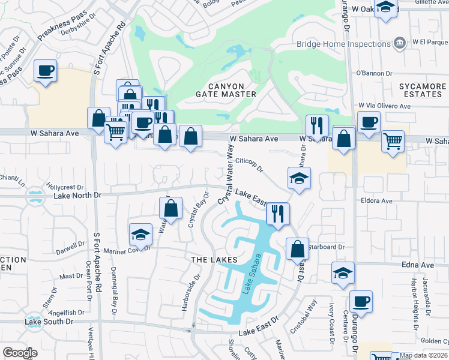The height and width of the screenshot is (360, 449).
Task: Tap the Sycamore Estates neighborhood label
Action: pyautogui.click(x=423, y=90)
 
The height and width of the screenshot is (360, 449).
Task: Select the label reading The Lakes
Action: pyautogui.click(x=211, y=259)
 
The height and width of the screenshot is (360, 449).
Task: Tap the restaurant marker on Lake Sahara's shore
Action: pyautogui.click(x=278, y=212)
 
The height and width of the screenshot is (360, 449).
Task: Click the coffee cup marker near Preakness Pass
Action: pyautogui.click(x=46, y=70)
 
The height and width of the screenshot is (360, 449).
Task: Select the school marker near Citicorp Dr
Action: pyautogui.click(x=299, y=177)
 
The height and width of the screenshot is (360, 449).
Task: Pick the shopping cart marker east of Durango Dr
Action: pyautogui.click(x=393, y=141)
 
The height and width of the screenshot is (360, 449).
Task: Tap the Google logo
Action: pyautogui.click(x=20, y=353)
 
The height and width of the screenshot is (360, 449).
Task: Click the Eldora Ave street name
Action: pyautogui.click(x=376, y=201)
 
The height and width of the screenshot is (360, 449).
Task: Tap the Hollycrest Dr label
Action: pyautogui.click(x=66, y=187)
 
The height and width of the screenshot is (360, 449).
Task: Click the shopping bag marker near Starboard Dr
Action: pyautogui.click(x=297, y=247)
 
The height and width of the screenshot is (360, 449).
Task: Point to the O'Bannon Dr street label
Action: pyautogui.click(x=373, y=73)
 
